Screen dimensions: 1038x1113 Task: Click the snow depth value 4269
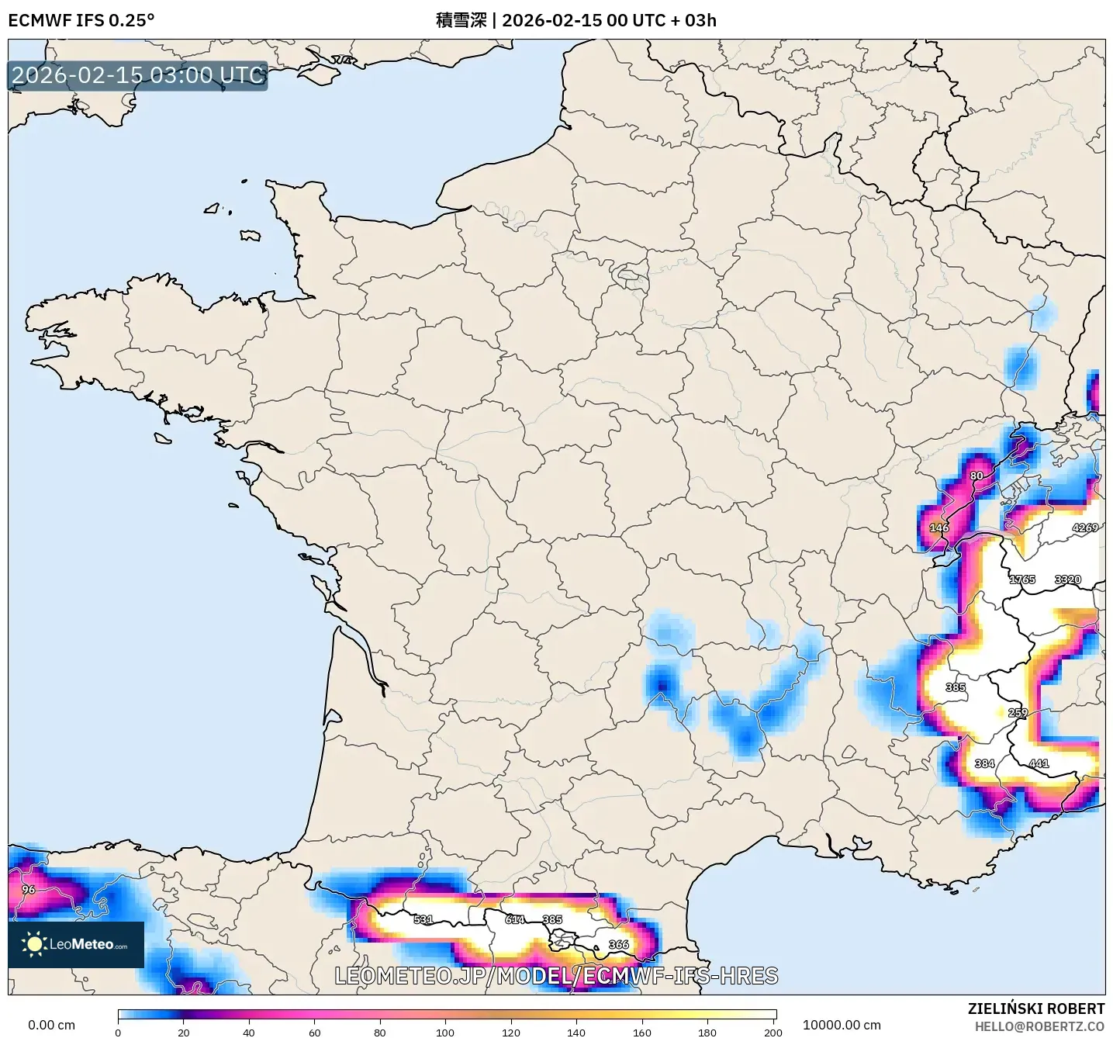(x=1084, y=528)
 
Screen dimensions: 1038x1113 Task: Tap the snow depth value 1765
(x=1021, y=580)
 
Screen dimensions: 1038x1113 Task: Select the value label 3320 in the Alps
(x=1067, y=580)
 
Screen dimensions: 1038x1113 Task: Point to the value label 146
(x=938, y=528)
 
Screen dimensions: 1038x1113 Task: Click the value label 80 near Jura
(x=976, y=476)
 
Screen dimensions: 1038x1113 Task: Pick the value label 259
(x=1017, y=712)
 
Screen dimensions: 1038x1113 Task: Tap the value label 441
(x=1038, y=763)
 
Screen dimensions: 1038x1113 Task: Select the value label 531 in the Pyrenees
(x=423, y=919)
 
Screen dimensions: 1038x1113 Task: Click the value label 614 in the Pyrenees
(x=515, y=919)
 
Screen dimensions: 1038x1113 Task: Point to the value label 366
(x=618, y=944)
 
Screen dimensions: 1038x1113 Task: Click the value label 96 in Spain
(x=29, y=889)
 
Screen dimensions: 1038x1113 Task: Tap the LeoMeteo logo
(x=76, y=944)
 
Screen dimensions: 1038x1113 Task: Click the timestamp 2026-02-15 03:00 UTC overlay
(x=138, y=75)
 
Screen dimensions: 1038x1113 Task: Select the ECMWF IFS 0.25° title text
(x=81, y=20)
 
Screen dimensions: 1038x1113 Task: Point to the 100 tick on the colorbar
(x=445, y=1032)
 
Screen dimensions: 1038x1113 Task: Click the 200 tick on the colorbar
(x=773, y=1032)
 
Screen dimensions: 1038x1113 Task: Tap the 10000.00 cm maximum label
(x=842, y=1025)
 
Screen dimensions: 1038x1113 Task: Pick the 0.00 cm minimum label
(x=51, y=1025)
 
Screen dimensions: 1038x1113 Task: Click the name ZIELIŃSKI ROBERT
(x=1035, y=1009)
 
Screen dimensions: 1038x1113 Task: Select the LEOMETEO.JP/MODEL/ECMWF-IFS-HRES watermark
(x=556, y=975)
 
